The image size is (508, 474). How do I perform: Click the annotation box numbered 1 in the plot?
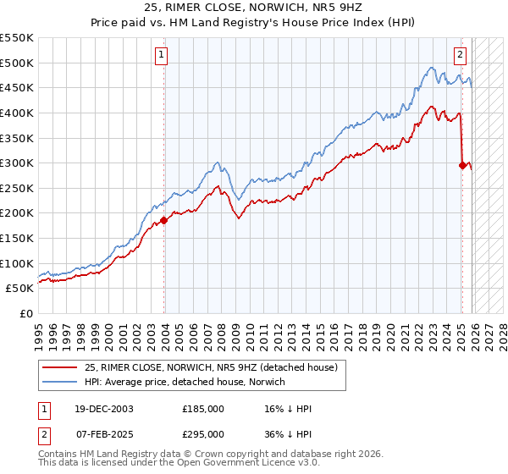coord(161,57)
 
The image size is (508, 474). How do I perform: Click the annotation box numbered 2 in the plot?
coord(460,57)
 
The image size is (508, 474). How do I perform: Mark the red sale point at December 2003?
coord(164,220)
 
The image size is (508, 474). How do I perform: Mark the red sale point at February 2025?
coord(462,166)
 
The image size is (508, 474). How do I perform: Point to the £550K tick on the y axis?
coord(17,38)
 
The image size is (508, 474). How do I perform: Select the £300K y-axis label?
coord(17,163)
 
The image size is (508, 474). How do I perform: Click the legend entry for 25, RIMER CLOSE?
coord(211,367)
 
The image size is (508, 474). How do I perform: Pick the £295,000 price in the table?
coord(203,433)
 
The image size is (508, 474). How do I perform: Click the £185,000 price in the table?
coord(203,409)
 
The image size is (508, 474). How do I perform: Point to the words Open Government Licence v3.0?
coord(231,465)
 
